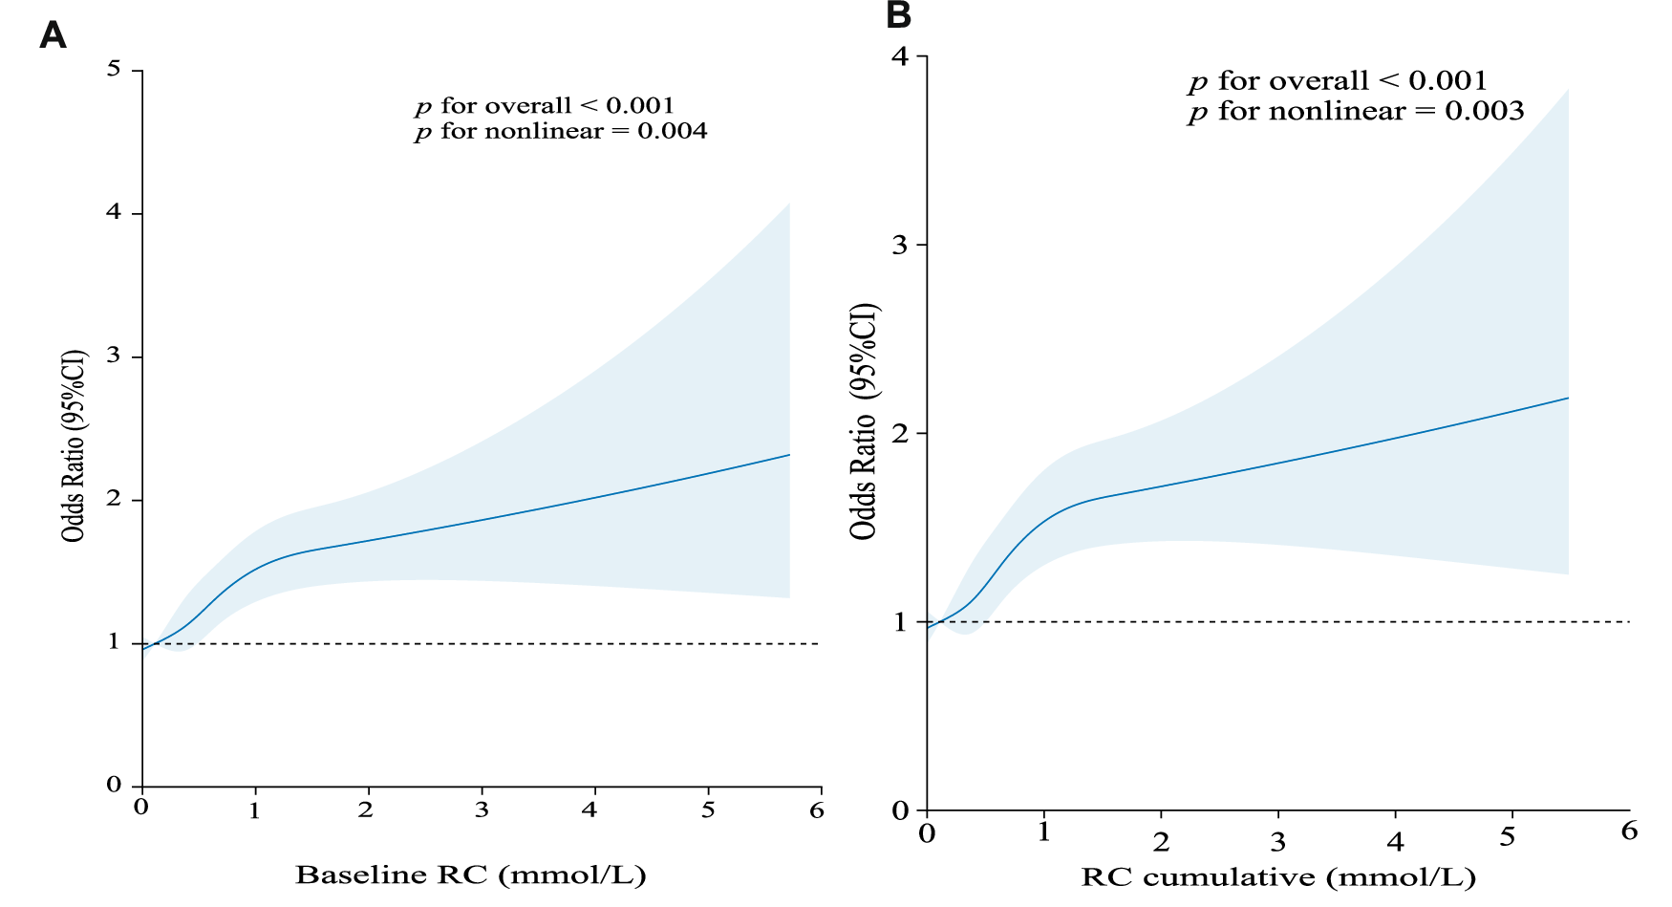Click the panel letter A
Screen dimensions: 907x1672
[53, 35]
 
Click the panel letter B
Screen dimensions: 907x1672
[898, 14]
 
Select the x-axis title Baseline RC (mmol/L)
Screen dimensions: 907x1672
[470, 875]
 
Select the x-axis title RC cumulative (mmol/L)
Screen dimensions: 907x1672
[1278, 876]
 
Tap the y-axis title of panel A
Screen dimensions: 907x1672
[74, 445]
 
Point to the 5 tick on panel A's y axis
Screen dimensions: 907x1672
[115, 69]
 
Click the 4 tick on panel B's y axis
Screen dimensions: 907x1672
[900, 55]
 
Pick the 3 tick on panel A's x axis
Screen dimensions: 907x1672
[482, 810]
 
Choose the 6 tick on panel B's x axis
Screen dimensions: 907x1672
[1629, 831]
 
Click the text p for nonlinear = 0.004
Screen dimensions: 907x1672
[561, 132]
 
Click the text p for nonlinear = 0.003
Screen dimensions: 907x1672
[1356, 112]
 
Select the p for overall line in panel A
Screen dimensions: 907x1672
[545, 105]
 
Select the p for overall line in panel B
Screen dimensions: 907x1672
[1338, 81]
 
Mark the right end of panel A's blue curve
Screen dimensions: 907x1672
[789, 454]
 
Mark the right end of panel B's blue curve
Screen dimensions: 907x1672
[1568, 398]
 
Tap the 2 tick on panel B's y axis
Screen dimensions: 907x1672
[900, 432]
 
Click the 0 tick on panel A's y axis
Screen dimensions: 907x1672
[115, 785]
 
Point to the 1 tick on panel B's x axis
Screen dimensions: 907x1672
[1043, 833]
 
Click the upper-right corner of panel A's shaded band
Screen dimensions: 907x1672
[789, 204]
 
